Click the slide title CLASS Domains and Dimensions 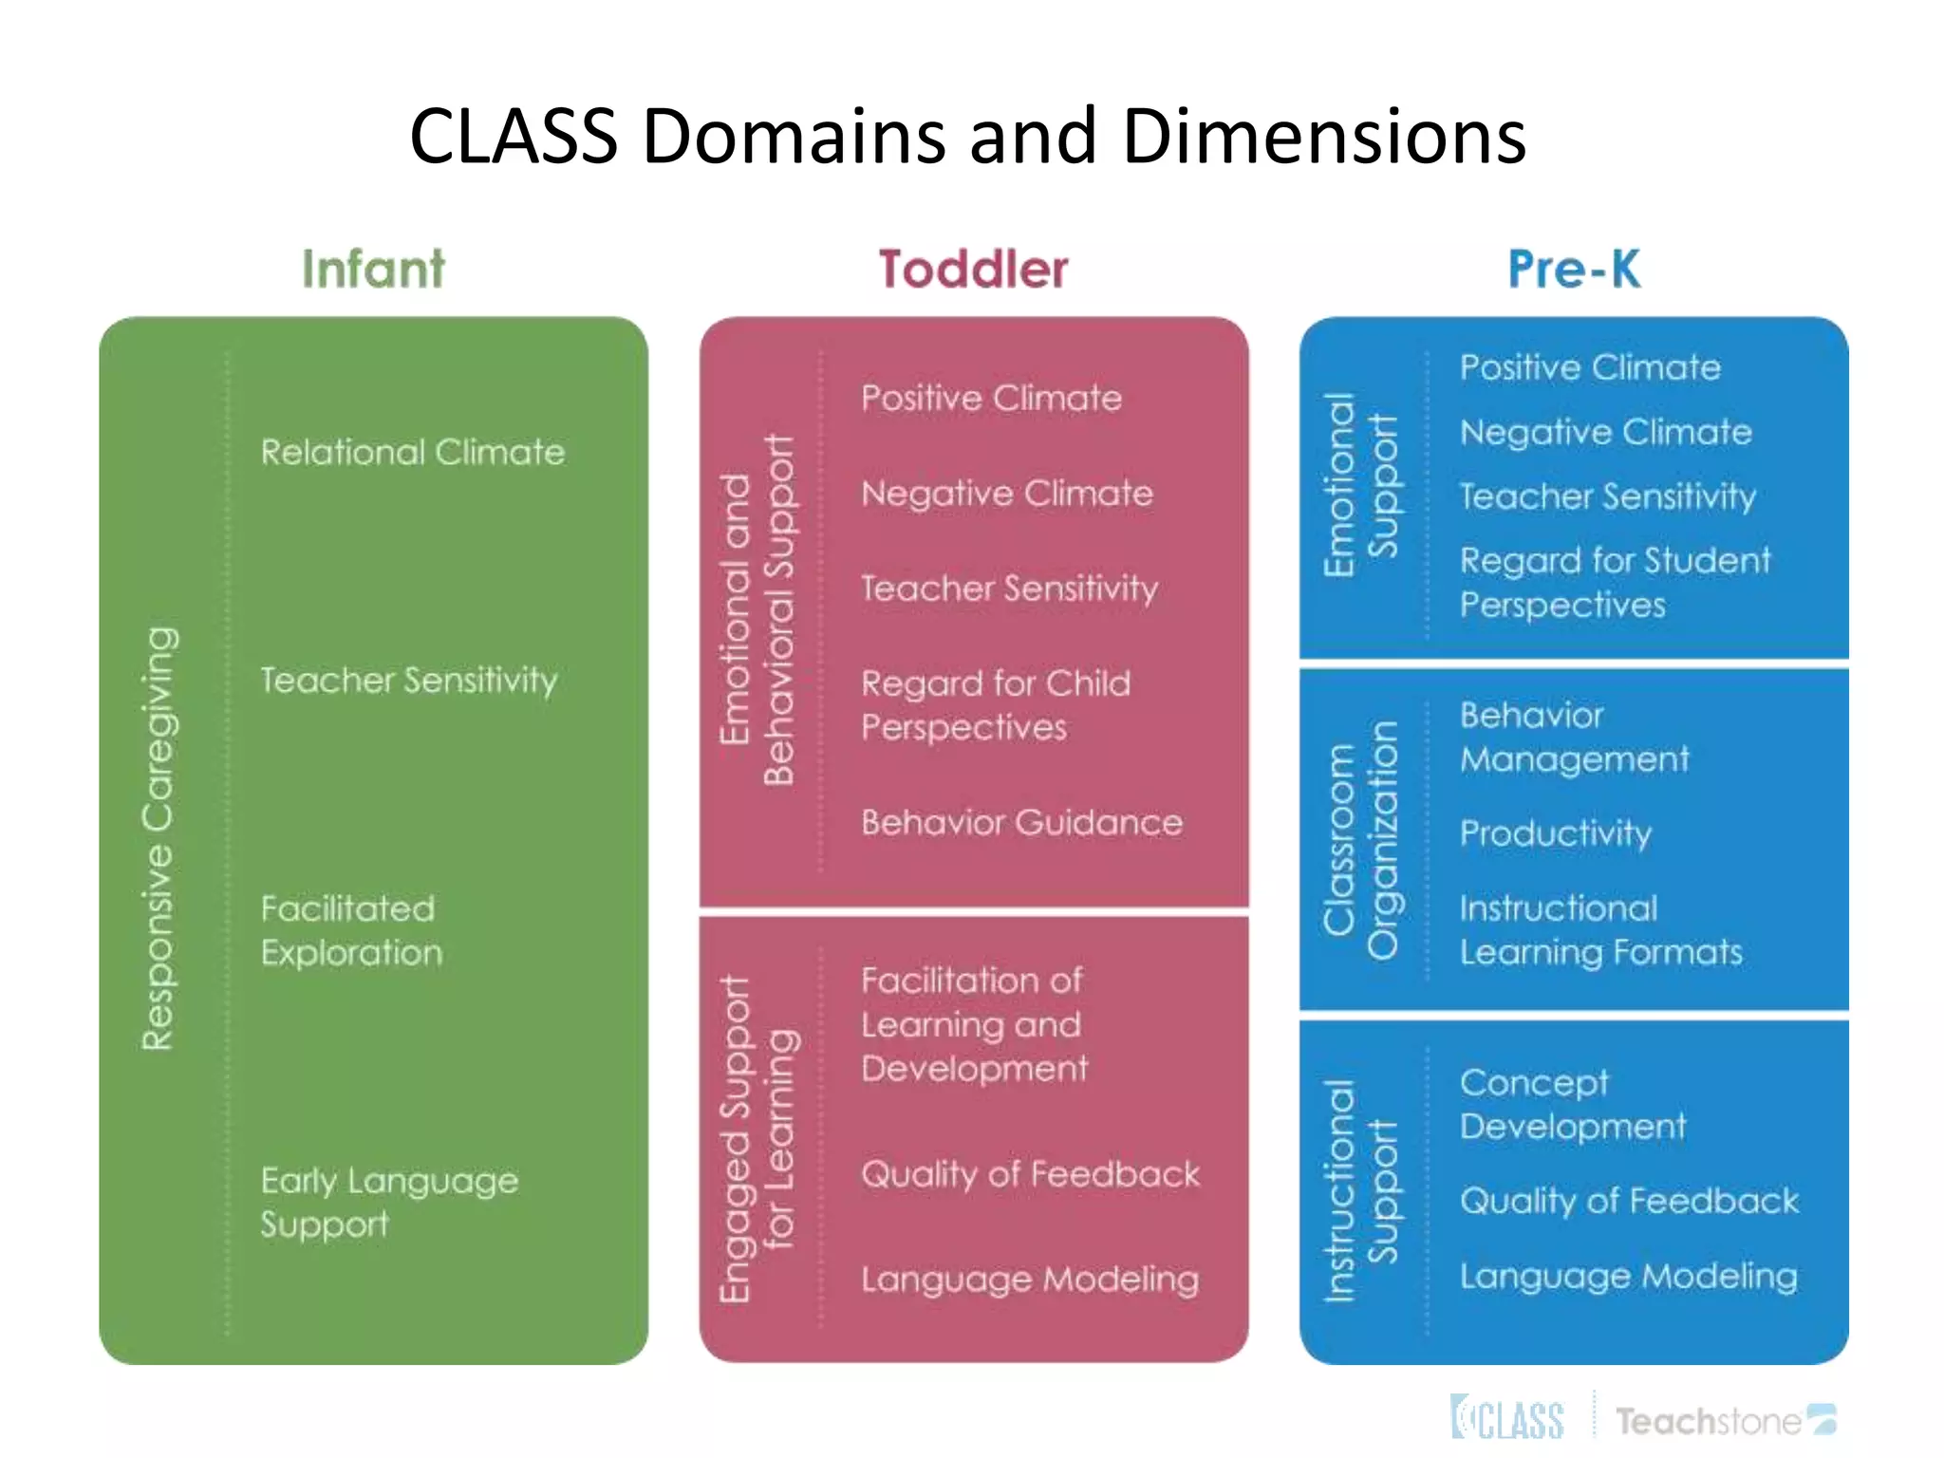(967, 137)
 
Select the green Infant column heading (373, 269)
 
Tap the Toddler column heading (973, 269)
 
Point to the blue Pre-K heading (1574, 269)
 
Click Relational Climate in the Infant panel (413, 452)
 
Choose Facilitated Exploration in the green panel (351, 930)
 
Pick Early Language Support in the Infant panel (389, 1202)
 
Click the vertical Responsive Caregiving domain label (158, 839)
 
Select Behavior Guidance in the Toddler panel (1022, 822)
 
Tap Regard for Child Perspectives (997, 705)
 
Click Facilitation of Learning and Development (975, 1024)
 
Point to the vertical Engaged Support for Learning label (757, 1138)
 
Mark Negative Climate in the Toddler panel (1007, 494)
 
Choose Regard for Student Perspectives (1615, 582)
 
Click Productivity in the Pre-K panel (1556, 833)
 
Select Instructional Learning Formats (1601, 930)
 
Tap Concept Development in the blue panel (1573, 1105)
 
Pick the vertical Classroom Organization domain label (1360, 841)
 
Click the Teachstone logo (1726, 1420)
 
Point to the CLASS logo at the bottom (1507, 1418)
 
